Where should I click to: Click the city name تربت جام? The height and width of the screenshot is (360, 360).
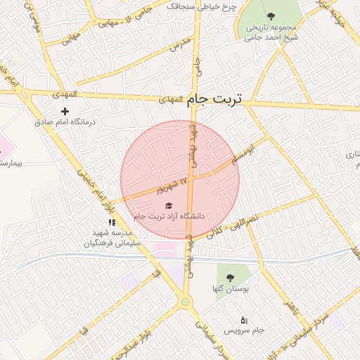coord(215,100)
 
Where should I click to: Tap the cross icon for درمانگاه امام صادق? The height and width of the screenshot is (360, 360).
coord(65,111)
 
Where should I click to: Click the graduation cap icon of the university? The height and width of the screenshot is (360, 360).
coord(167,205)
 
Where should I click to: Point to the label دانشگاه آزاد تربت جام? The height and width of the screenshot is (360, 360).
coord(169,216)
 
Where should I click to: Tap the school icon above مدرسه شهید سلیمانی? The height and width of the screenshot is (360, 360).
coord(112,222)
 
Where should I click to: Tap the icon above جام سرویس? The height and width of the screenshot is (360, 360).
coord(244,320)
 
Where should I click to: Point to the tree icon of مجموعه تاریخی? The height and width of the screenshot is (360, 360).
coord(271,15)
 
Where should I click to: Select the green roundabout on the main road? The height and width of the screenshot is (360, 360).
coord(185,302)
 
